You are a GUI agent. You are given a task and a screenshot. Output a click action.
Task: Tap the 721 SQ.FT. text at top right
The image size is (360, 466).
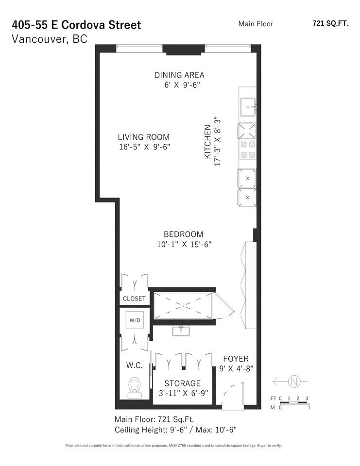(330, 23)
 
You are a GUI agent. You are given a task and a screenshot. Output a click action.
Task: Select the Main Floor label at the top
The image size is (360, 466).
(256, 23)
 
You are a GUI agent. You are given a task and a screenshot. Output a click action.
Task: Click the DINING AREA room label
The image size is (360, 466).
(179, 75)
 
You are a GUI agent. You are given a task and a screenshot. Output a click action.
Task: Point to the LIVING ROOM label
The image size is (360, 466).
(144, 137)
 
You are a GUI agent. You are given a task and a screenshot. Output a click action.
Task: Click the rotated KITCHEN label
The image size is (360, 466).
(208, 142)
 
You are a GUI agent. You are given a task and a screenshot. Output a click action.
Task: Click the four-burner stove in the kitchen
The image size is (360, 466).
(248, 150)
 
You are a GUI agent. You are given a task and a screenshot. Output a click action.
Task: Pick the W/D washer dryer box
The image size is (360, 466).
(134, 320)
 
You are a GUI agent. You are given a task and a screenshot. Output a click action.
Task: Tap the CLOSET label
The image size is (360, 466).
(134, 299)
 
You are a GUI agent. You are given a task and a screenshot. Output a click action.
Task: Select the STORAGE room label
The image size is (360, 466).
(182, 383)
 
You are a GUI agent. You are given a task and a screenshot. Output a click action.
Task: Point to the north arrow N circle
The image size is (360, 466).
(294, 382)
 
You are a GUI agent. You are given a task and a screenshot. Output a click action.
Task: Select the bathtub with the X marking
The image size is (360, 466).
(183, 306)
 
